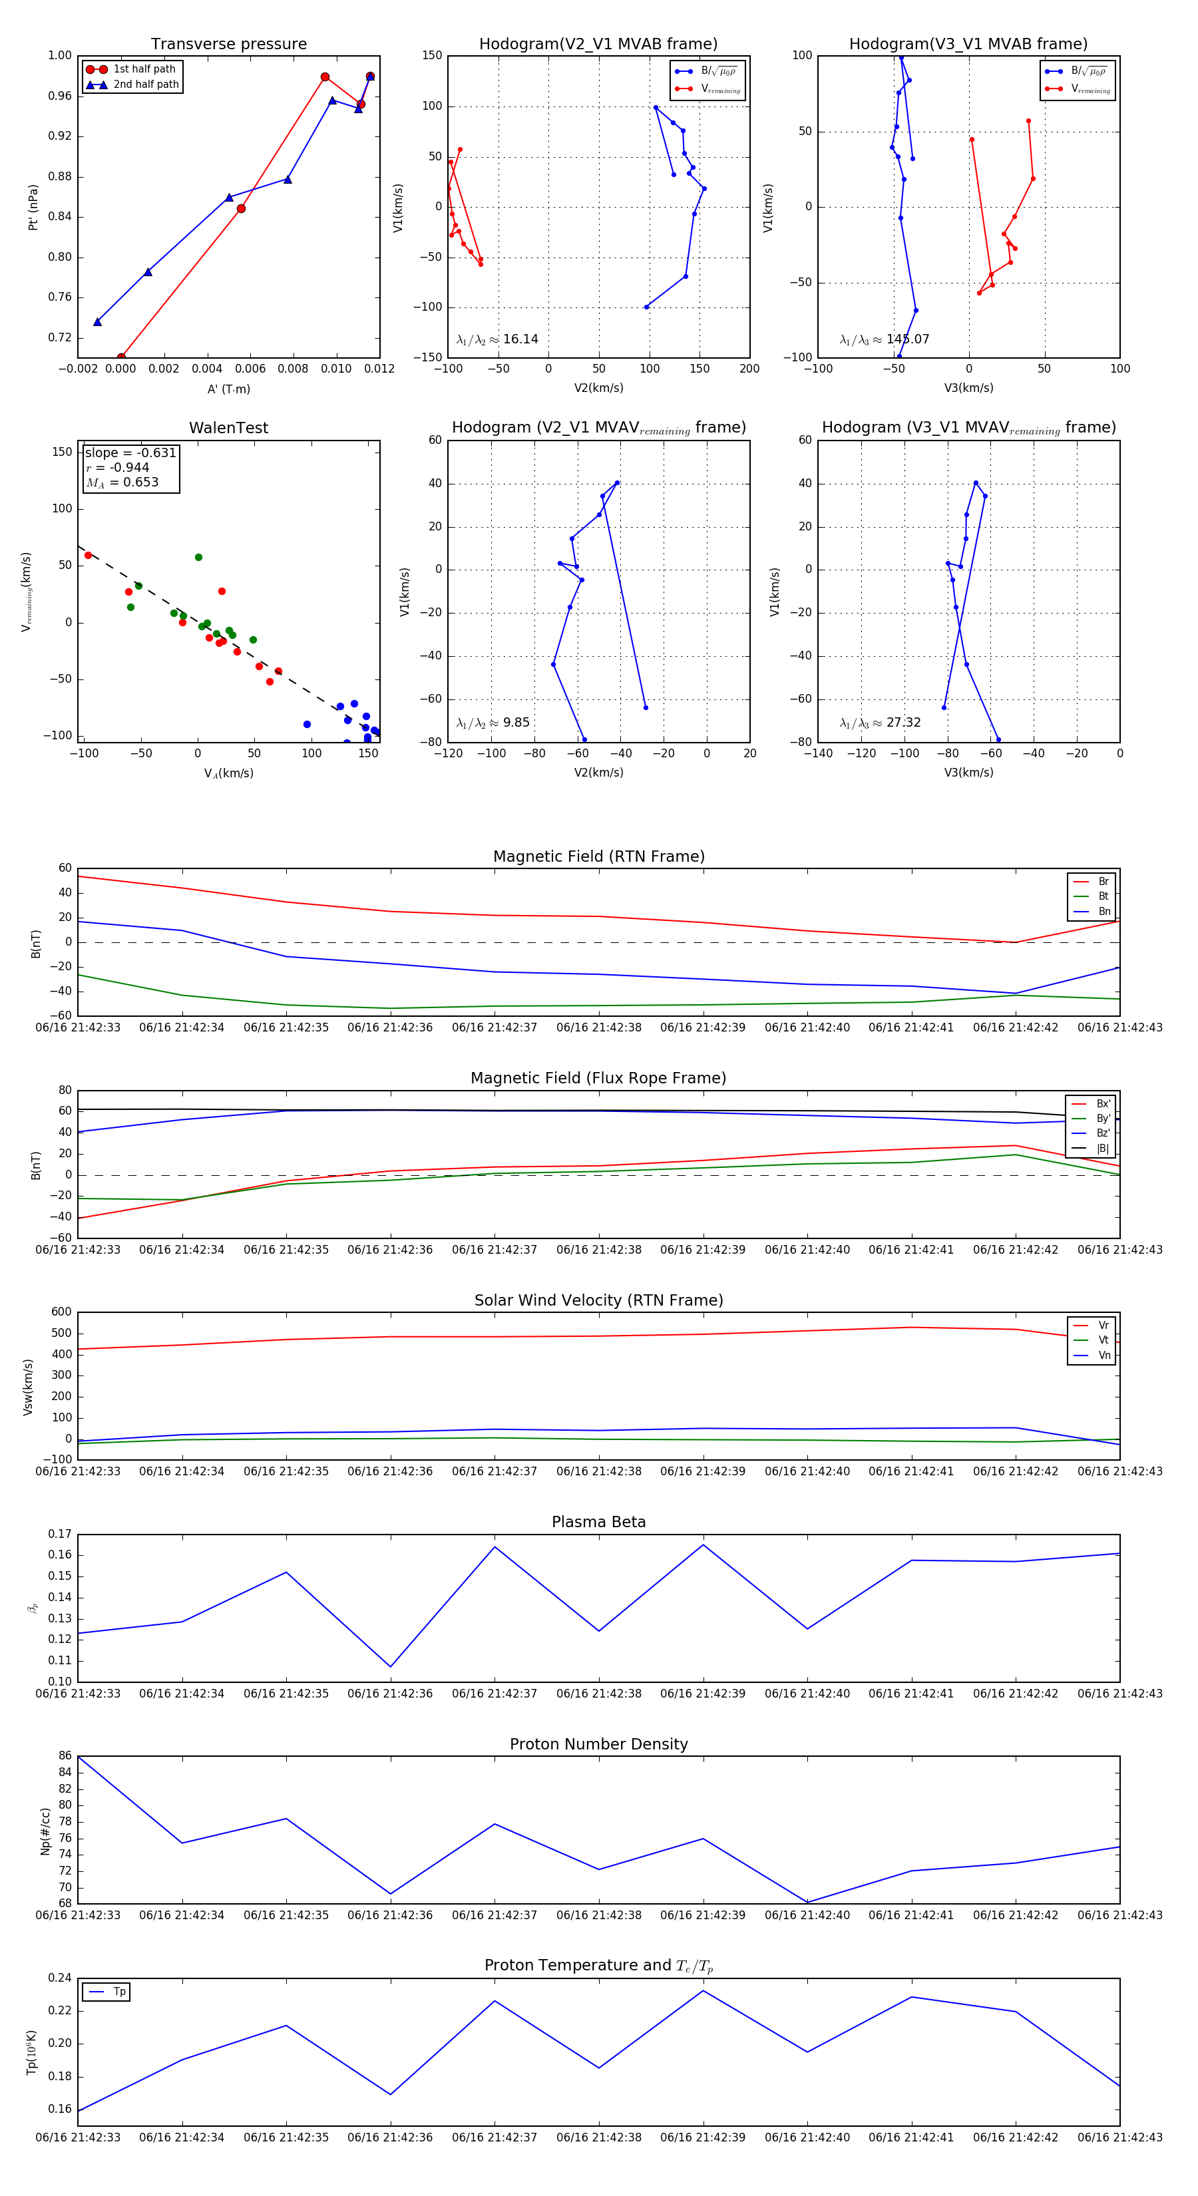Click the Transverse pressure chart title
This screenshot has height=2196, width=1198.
point(228,45)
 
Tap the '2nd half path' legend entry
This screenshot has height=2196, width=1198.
point(146,85)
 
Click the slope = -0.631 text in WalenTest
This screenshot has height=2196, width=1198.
point(130,453)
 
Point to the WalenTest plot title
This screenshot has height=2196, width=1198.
point(228,428)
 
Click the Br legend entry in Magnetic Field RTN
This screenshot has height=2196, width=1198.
point(1103,882)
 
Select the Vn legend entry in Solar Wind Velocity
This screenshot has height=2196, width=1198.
point(1103,1356)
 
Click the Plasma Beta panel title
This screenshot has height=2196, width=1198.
point(598,1522)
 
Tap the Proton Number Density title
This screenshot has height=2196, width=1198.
point(598,1744)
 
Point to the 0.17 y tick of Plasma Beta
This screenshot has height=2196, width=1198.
point(60,1534)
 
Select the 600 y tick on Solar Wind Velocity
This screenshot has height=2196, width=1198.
point(61,1312)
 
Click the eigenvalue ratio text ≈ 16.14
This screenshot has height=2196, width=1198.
point(497,339)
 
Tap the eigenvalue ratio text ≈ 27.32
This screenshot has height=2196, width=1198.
point(880,723)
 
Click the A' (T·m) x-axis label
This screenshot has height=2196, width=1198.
point(228,389)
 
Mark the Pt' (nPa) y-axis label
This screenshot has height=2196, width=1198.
point(33,207)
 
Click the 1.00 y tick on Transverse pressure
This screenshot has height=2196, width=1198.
point(60,55)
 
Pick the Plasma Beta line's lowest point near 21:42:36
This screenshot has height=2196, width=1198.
point(391,1666)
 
